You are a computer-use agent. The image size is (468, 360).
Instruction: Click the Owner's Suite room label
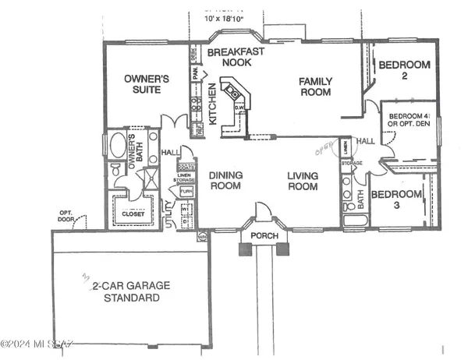(143, 83)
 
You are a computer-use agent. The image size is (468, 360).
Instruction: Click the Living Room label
(301, 181)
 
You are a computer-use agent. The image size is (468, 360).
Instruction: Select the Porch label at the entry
(258, 236)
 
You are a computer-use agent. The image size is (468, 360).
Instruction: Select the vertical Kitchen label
(212, 109)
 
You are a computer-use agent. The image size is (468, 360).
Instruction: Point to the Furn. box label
(186, 191)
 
